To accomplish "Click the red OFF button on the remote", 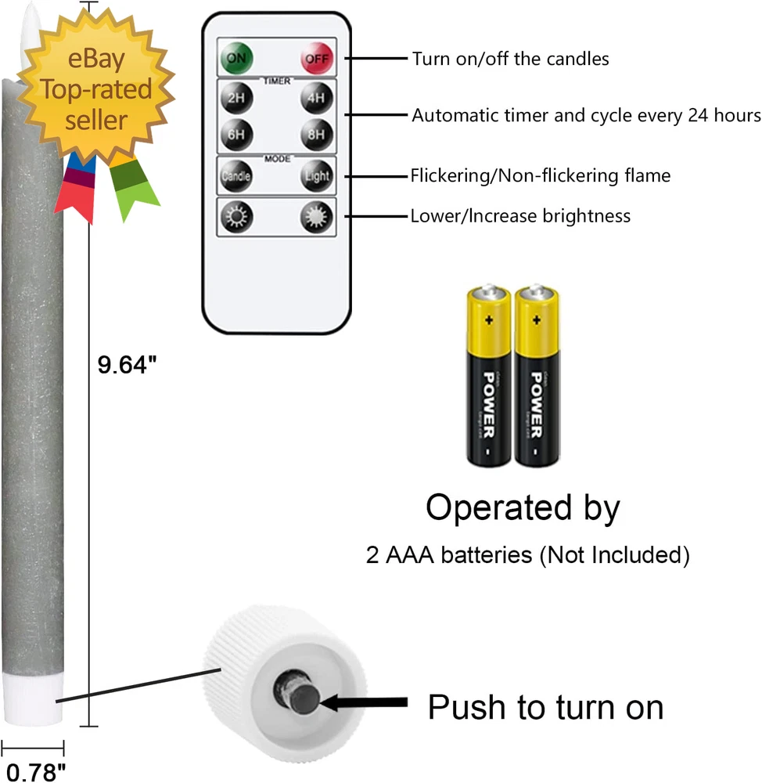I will pyautogui.click(x=317, y=58).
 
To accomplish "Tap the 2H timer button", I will pyautogui.click(x=235, y=99).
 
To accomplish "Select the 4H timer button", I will pyautogui.click(x=317, y=99).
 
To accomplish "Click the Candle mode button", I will pyautogui.click(x=235, y=176).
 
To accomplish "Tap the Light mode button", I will pyautogui.click(x=317, y=176).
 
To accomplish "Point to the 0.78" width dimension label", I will pyautogui.click(x=33, y=771).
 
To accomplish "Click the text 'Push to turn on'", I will pyautogui.click(x=545, y=708).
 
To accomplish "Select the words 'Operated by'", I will pyautogui.click(x=523, y=508).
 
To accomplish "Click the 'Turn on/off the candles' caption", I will pyautogui.click(x=511, y=59).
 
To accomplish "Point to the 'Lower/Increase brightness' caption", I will pyautogui.click(x=520, y=215).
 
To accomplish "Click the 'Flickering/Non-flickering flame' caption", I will pyautogui.click(x=540, y=175).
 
